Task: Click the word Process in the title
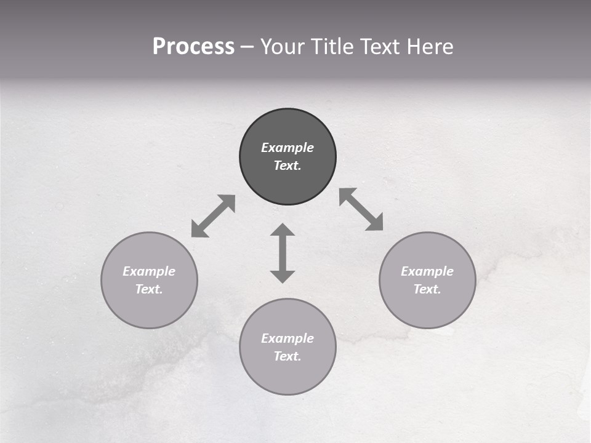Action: tap(193, 47)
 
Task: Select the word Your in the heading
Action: tap(284, 47)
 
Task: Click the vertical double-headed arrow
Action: tap(283, 253)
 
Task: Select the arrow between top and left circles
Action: tap(213, 216)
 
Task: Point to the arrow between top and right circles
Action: tap(361, 209)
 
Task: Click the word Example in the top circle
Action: tap(287, 148)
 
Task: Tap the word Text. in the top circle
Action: tap(287, 166)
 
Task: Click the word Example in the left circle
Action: tap(149, 271)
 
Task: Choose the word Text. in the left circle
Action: tap(149, 289)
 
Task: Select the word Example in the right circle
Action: tap(427, 271)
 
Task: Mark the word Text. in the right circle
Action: tap(427, 289)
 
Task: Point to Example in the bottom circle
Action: tap(287, 338)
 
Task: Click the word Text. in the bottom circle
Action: tap(287, 356)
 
